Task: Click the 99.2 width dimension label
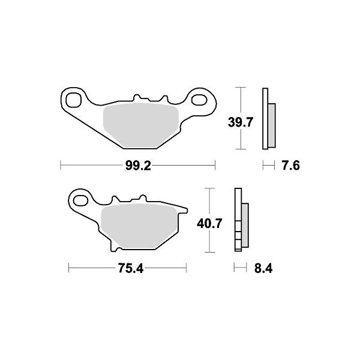pyautogui.click(x=138, y=166)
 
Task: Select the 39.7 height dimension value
pyautogui.click(x=241, y=122)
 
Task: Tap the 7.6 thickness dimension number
pyautogui.click(x=290, y=166)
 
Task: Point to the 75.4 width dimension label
pyautogui.click(x=131, y=268)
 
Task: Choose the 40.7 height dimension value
pyautogui.click(x=209, y=223)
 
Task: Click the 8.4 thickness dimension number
pyautogui.click(x=263, y=268)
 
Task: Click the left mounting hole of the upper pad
pyautogui.click(x=73, y=100)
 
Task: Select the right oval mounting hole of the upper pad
pyautogui.click(x=199, y=100)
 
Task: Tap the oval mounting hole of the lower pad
pyautogui.click(x=80, y=201)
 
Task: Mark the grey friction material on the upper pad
pyautogui.click(x=141, y=125)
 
